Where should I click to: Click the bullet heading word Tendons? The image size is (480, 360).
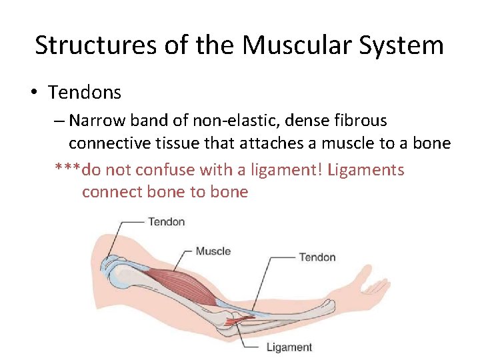85,92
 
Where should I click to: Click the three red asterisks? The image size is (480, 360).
67,170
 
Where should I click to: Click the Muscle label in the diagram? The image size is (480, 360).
213,251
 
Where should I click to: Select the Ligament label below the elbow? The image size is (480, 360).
289,347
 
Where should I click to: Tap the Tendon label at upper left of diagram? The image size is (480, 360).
166,221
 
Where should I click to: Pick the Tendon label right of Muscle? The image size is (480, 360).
317,257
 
